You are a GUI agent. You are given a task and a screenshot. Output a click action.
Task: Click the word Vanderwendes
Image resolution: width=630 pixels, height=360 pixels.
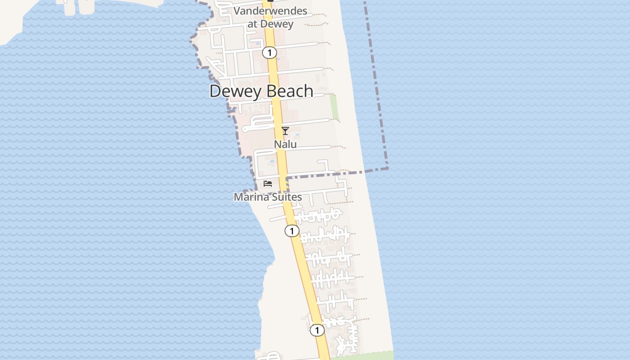point(270,11)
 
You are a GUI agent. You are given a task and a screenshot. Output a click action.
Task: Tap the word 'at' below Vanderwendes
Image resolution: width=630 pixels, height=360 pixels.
point(252,24)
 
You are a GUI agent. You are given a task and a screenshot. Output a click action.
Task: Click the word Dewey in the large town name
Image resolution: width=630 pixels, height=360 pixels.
point(235,91)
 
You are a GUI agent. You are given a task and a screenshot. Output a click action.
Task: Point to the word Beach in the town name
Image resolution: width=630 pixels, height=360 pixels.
point(288,91)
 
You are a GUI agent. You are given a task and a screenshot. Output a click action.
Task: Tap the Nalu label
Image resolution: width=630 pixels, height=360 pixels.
point(285,144)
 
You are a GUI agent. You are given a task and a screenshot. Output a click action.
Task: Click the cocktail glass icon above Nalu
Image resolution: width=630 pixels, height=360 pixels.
point(285,131)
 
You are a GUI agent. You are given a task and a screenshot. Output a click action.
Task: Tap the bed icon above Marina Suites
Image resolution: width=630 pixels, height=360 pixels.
point(268,184)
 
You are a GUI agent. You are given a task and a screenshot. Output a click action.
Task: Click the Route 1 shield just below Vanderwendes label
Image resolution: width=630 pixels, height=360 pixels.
point(269,53)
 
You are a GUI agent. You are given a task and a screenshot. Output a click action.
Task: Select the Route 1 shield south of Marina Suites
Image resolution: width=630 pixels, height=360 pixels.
point(292,231)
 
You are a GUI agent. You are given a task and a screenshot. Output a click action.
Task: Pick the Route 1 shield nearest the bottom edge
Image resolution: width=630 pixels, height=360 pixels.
point(317,330)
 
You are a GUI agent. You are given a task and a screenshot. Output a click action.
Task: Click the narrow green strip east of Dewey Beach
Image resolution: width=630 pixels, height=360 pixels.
point(334,107)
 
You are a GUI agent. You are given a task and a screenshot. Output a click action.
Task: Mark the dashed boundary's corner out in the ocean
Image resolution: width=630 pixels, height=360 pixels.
point(387,169)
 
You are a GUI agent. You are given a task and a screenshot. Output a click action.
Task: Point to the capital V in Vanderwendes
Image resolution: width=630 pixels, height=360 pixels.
point(237,11)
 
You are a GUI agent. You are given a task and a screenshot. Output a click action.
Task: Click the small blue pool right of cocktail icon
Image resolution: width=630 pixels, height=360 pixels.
point(297,134)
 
